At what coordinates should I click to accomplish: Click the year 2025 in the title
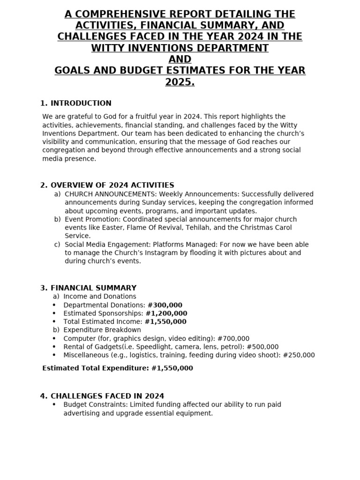click(x=180, y=82)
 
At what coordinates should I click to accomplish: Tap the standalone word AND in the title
click(x=180, y=59)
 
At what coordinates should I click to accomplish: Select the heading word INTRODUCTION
click(x=81, y=104)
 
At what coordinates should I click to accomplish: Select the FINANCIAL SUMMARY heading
click(x=93, y=288)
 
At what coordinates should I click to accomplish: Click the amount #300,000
click(x=165, y=305)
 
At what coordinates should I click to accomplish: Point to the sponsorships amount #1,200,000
click(x=166, y=314)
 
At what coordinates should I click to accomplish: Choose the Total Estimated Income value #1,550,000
click(x=165, y=322)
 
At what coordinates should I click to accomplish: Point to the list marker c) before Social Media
click(x=57, y=245)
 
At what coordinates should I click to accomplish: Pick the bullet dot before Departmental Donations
click(x=54, y=305)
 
